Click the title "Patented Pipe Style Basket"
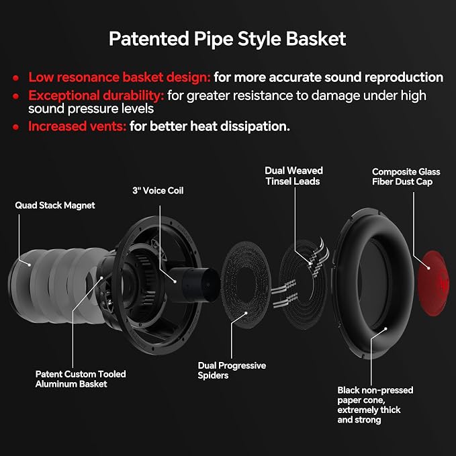[228, 39]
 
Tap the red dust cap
[433, 283]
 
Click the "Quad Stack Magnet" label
[55, 206]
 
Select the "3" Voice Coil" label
[158, 191]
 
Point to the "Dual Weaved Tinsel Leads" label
[293, 176]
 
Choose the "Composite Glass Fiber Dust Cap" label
[406, 177]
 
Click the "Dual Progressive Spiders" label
[232, 371]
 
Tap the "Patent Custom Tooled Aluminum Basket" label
[81, 379]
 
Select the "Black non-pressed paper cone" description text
[375, 405]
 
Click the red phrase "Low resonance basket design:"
[120, 77]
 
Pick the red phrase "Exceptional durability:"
[96, 95]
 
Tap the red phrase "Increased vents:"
[77, 126]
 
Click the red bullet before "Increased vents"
[16, 127]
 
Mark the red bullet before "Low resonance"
[16, 78]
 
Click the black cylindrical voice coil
[193, 285]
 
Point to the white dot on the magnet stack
[30, 265]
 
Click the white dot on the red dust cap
[428, 268]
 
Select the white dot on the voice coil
[175, 281]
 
